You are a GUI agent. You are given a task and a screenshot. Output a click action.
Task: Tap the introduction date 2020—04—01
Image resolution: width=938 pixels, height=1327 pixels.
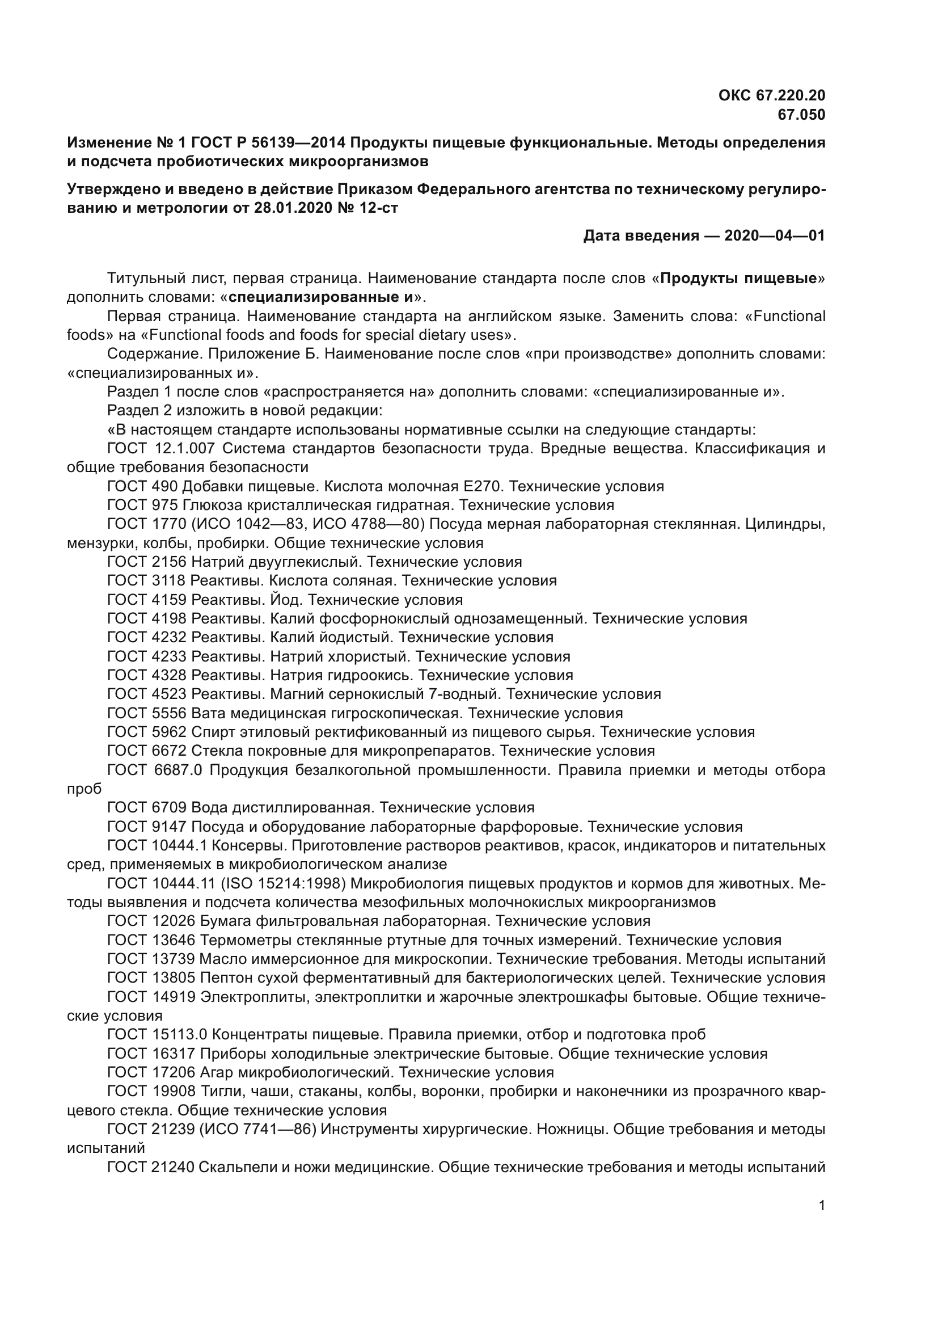tap(775, 236)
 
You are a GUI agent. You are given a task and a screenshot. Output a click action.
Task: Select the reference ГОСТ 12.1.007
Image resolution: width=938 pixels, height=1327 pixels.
tap(161, 449)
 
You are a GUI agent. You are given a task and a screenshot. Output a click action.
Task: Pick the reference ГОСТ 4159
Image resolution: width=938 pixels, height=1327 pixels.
tap(147, 600)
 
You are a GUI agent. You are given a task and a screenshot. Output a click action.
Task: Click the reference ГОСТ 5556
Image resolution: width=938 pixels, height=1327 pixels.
tap(147, 713)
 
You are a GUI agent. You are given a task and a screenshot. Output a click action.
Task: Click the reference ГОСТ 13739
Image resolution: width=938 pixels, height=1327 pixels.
tap(151, 959)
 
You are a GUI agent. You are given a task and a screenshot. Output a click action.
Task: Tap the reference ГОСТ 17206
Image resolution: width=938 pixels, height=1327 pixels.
tap(151, 1073)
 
